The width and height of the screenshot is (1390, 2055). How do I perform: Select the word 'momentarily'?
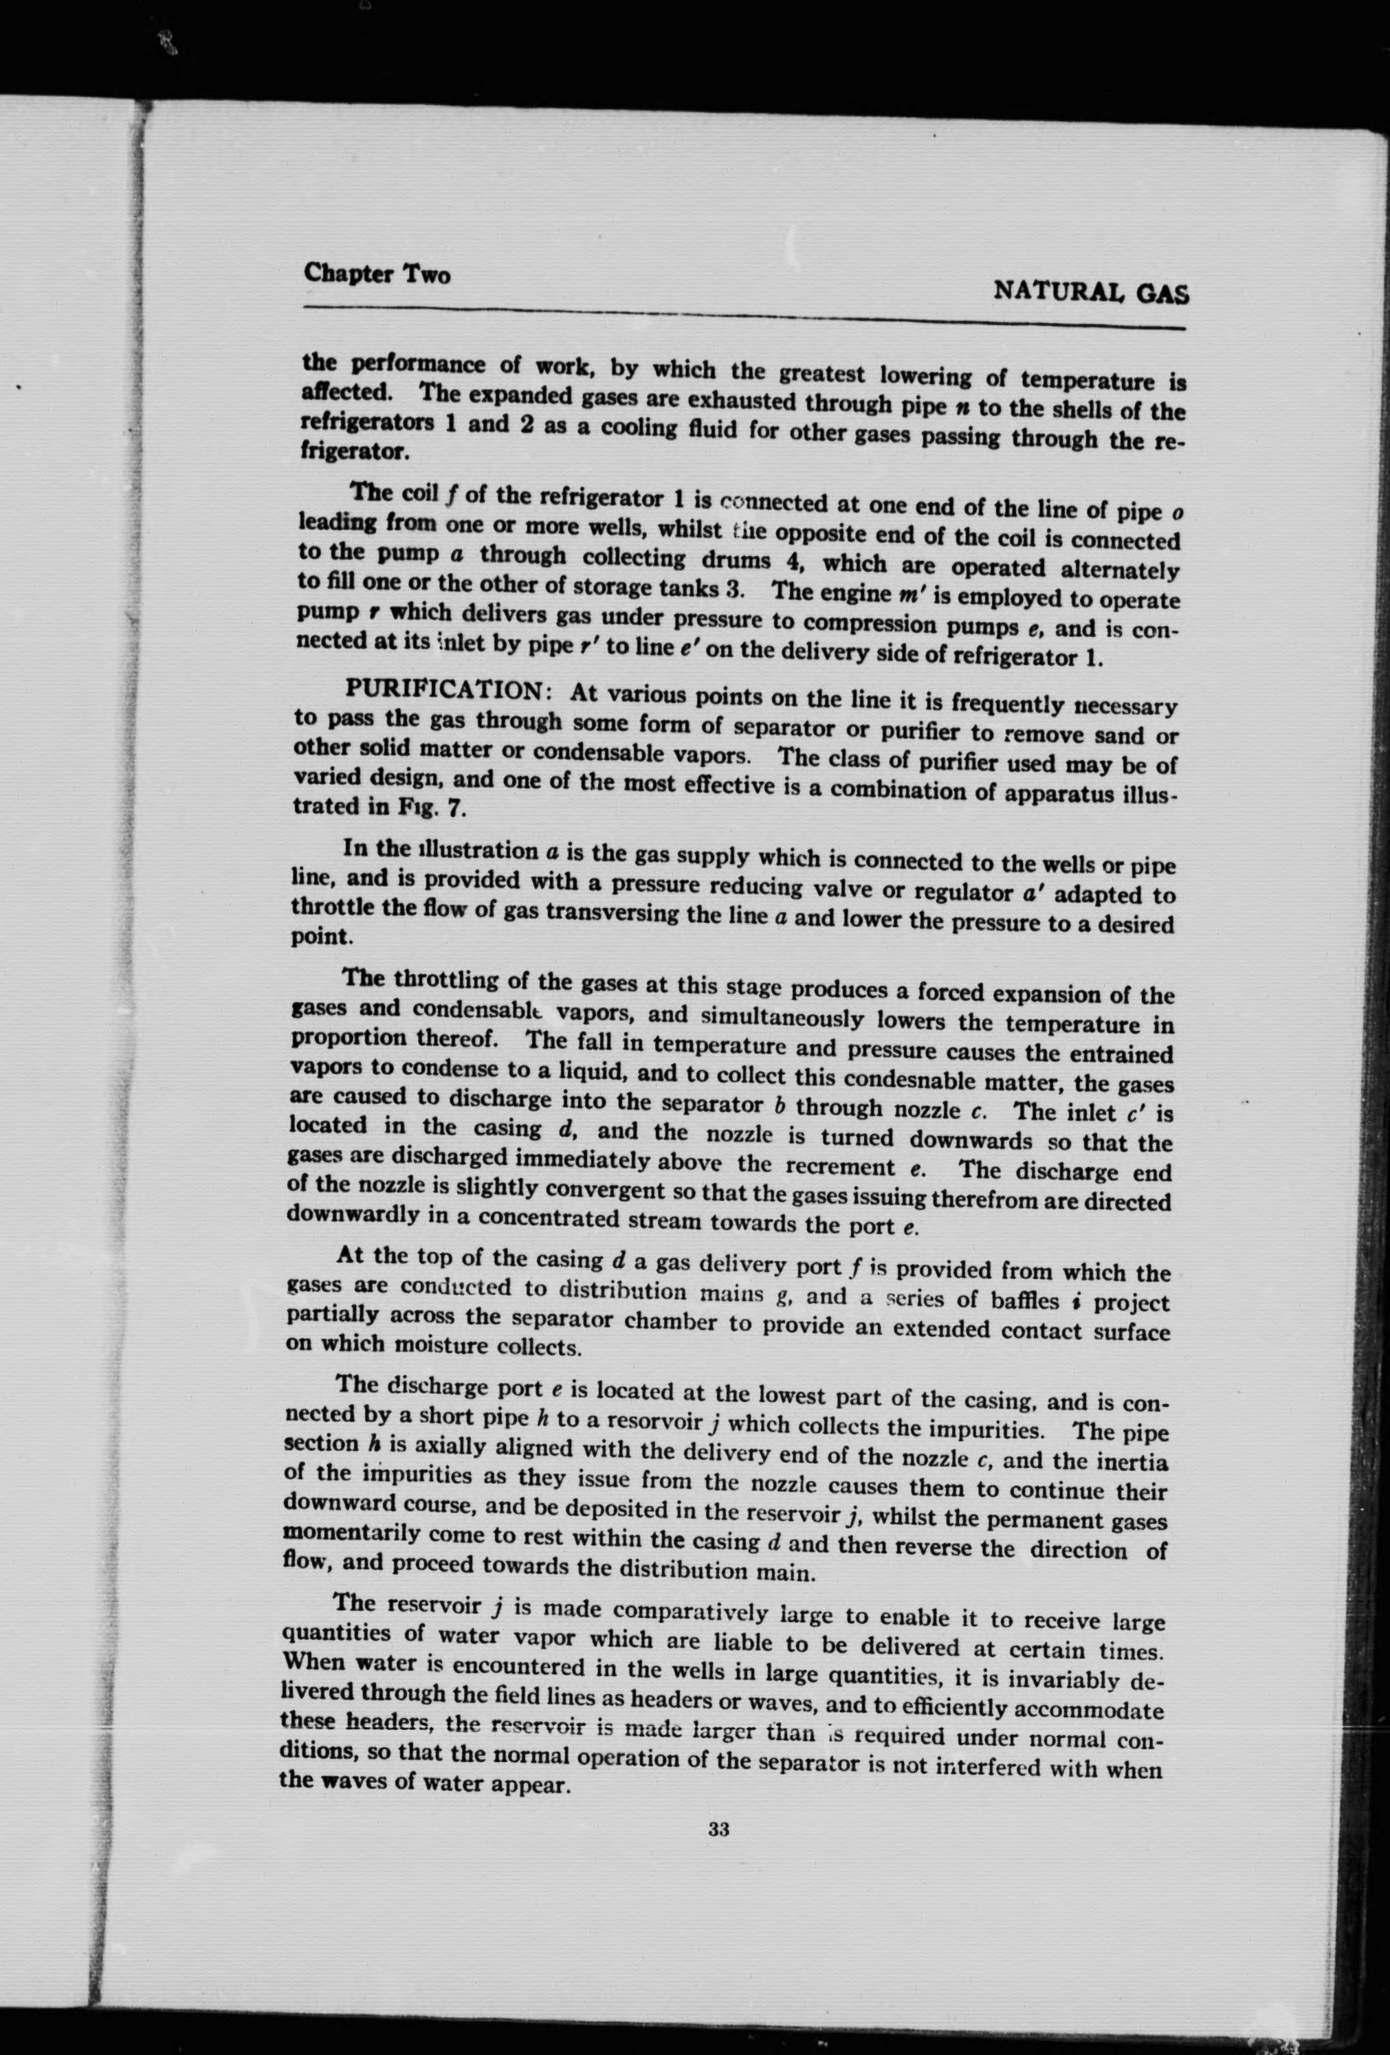351,1534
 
